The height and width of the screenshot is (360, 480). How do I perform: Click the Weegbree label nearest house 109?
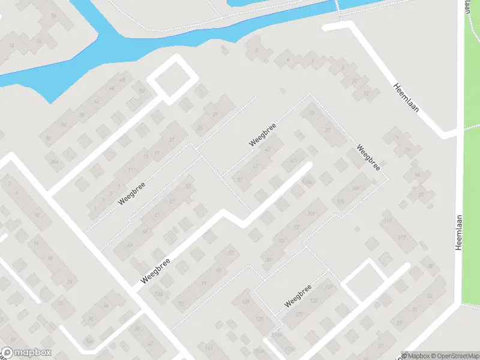point(368,157)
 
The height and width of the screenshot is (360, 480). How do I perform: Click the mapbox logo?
point(26,353)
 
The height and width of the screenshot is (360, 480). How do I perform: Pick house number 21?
point(172,140)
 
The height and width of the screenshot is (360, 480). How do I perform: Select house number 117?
point(401,238)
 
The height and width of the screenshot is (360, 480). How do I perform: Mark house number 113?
point(387,220)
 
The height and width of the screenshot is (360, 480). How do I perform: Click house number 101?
point(311,214)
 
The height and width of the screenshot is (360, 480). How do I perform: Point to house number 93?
point(281,241)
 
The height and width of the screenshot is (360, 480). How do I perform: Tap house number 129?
point(299,314)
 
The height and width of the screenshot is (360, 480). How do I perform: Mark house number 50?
point(142,91)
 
